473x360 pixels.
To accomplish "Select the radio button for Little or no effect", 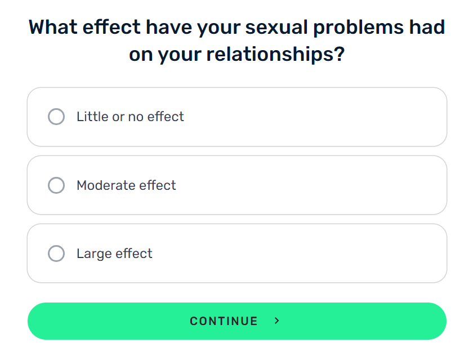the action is point(56,117).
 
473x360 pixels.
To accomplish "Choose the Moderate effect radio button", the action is point(56,185).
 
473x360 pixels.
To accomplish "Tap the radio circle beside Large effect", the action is point(56,253).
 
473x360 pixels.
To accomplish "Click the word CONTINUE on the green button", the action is point(224,321).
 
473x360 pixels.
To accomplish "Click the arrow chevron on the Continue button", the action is point(276,321).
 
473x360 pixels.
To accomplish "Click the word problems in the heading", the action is point(358,28).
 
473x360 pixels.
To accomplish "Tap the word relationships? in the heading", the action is point(275,55).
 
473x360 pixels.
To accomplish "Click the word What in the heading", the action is point(52,27).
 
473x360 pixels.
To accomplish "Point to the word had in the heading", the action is point(427,27).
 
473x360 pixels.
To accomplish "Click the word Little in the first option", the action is point(92,117).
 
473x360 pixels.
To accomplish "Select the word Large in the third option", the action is point(94,254).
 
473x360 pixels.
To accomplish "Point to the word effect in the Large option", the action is point(134,253).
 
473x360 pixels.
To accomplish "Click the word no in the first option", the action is point(136,117).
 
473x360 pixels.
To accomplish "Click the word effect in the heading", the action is point(111,27).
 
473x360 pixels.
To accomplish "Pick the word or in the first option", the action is point(118,117).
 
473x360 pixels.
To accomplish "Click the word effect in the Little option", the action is point(166,117).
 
